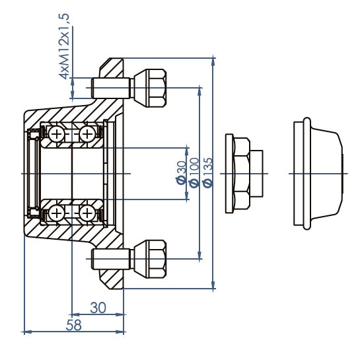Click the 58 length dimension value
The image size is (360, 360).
pyautogui.click(x=74, y=324)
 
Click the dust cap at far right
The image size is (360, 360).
pyautogui.click(x=318, y=173)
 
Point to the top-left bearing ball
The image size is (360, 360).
pyautogui.click(x=57, y=134)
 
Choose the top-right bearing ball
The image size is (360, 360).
pyautogui.click(x=87, y=134)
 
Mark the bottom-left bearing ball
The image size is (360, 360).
pyautogui.click(x=57, y=212)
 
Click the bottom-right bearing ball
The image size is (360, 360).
pyautogui.click(x=87, y=212)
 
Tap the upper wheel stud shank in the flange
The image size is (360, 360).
pyautogui.click(x=108, y=86)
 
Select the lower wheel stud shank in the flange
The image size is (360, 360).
pyautogui.click(x=108, y=257)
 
